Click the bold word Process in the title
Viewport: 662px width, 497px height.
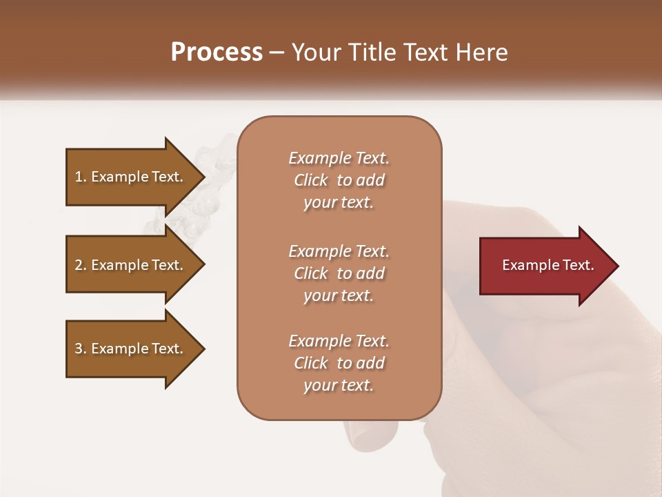click(217, 52)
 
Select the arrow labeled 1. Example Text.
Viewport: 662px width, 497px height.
click(131, 177)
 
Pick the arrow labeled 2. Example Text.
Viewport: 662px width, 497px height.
click(131, 265)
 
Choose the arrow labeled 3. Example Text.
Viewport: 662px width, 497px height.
click(131, 349)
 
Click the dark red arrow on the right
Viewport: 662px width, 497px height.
click(545, 266)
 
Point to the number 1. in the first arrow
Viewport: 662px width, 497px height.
click(81, 177)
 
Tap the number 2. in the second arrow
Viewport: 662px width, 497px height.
click(81, 265)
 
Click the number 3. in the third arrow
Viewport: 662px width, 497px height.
click(81, 349)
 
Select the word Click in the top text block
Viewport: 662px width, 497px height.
click(311, 180)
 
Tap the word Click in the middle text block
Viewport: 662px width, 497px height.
click(311, 273)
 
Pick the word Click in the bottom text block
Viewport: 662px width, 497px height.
click(311, 363)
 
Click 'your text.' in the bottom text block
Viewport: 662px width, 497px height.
click(339, 386)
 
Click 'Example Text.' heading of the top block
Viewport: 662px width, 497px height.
click(339, 158)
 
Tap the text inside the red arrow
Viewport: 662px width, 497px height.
click(548, 265)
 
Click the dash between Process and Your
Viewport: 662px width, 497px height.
click(277, 52)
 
